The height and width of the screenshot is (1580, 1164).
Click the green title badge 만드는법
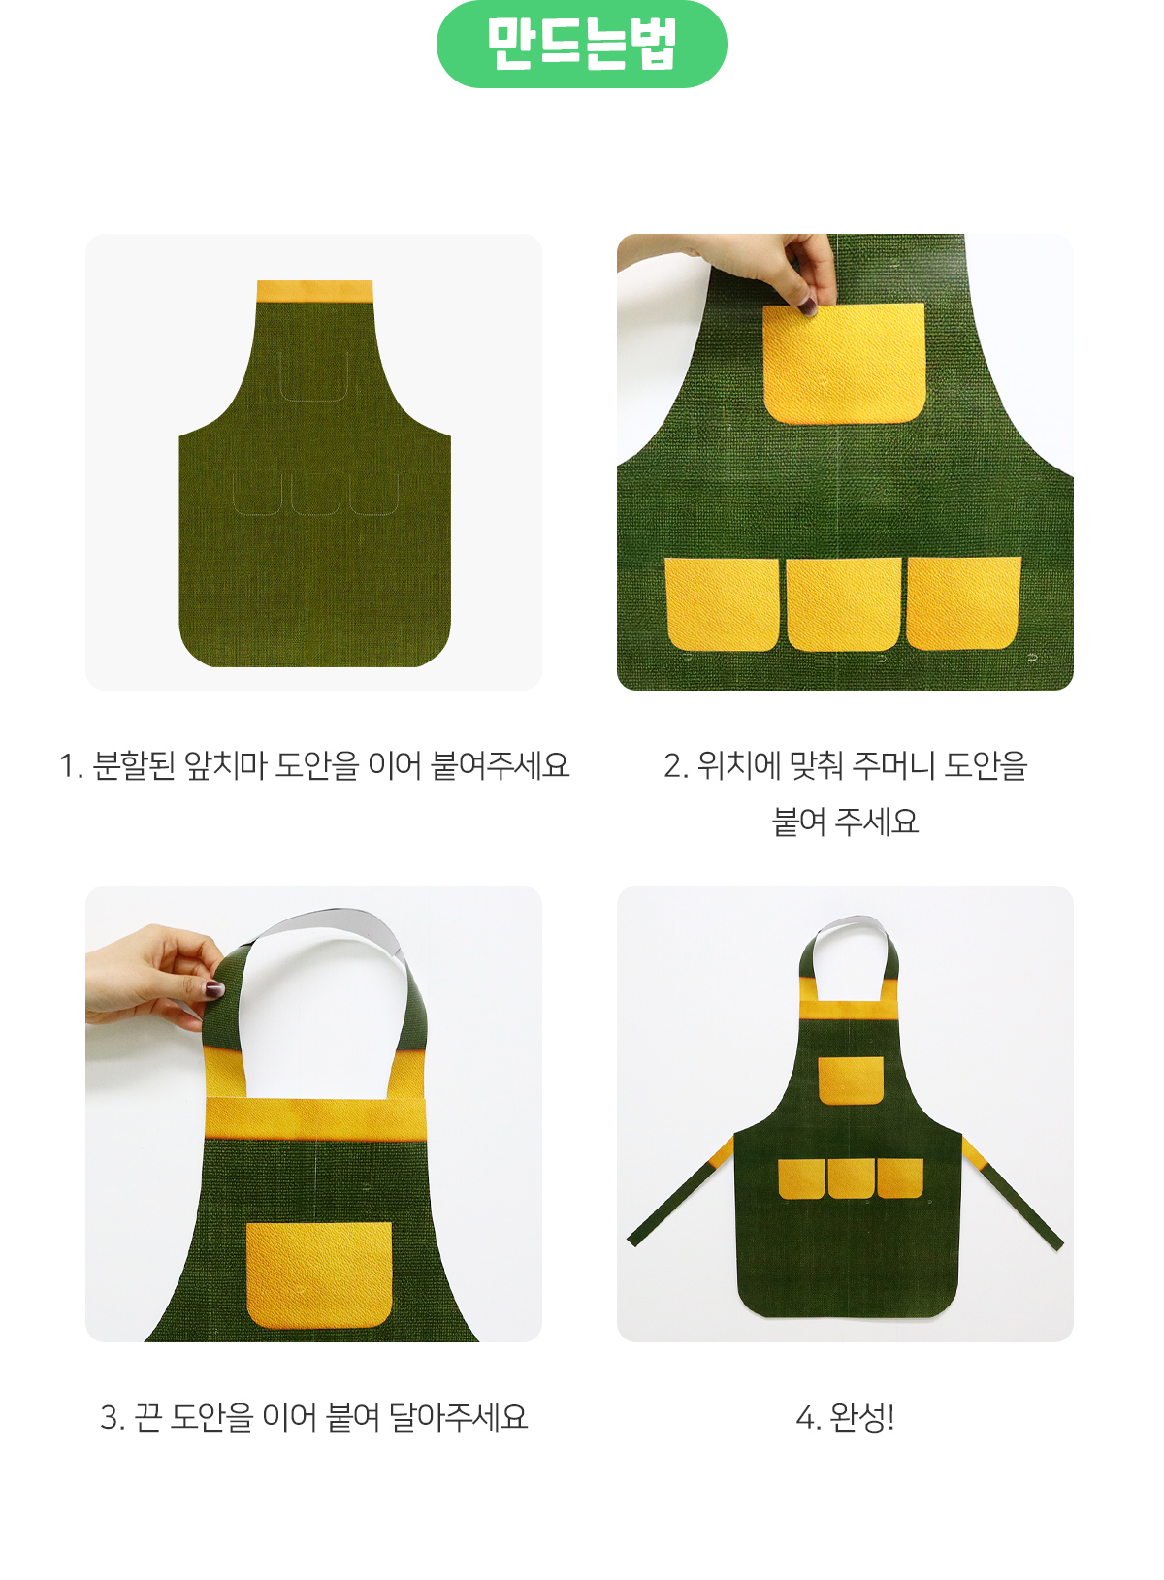pos(581,44)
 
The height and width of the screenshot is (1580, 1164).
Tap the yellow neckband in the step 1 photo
pos(314,291)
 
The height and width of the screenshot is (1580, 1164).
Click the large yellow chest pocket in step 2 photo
pos(844,364)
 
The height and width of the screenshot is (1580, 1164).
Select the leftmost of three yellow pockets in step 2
pos(722,604)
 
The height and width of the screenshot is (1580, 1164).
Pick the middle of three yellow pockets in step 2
pos(844,604)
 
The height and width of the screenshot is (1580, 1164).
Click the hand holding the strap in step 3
pos(154,978)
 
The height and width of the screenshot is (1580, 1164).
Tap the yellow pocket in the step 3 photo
pos(319,1275)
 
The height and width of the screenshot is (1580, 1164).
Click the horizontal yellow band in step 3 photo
pos(316,1118)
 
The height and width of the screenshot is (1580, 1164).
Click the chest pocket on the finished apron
pos(851,1080)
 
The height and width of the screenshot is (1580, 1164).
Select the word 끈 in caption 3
pos(146,1417)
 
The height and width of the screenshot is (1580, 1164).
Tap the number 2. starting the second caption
pos(676,766)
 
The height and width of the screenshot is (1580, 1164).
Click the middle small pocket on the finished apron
pos(851,1178)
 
